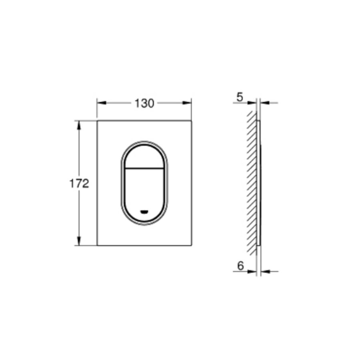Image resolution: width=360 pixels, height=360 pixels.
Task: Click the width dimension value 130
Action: click(144, 103)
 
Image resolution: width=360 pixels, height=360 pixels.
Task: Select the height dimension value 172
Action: click(79, 184)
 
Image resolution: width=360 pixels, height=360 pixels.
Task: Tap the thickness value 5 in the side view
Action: click(240, 96)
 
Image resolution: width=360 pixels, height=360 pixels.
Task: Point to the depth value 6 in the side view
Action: click(240, 265)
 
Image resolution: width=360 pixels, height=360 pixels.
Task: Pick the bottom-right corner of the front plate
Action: click(192, 245)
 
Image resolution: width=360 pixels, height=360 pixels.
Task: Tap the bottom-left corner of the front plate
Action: click(97, 245)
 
